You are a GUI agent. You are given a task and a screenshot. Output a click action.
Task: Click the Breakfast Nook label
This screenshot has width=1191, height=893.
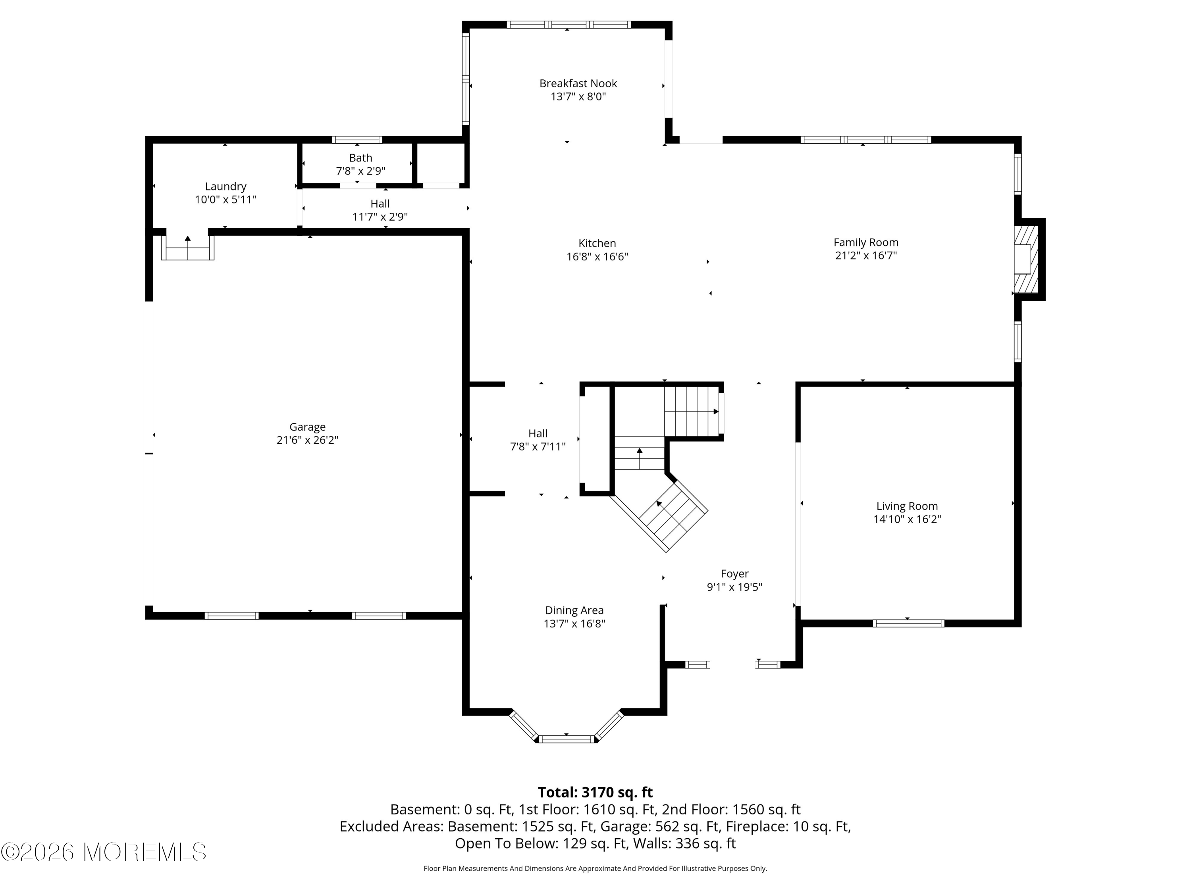click(578, 83)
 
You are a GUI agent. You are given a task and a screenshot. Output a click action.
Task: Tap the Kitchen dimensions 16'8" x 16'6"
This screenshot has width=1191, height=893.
click(597, 257)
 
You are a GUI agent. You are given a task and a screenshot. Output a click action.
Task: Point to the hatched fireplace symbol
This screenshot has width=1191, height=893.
click(1026, 259)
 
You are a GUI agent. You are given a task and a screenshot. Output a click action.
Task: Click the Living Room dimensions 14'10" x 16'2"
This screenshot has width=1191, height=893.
click(907, 520)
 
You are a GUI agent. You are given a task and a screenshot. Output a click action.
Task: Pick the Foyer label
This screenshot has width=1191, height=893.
click(734, 574)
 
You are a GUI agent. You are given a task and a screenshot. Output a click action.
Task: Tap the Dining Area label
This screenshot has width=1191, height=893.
click(574, 610)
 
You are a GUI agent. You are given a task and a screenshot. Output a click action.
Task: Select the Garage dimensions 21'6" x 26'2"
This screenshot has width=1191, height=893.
click(307, 440)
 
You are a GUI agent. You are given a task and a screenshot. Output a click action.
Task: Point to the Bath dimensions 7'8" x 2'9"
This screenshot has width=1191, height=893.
click(361, 171)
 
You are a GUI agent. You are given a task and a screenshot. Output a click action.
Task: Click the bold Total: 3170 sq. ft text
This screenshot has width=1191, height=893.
click(595, 792)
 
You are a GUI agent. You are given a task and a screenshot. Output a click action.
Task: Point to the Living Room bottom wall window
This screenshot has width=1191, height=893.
click(908, 624)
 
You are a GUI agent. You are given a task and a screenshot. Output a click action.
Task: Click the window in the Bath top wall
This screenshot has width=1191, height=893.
click(357, 140)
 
